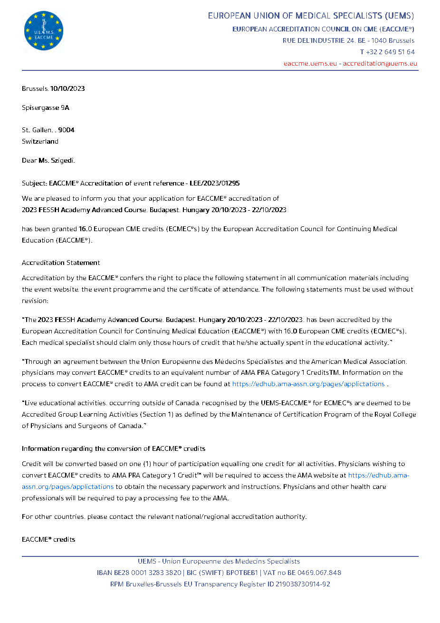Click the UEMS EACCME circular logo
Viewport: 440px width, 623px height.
[x=44, y=31]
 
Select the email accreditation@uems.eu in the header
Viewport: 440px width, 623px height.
[x=380, y=63]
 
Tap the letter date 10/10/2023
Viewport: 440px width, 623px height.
[x=67, y=88]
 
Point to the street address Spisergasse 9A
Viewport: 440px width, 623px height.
[x=46, y=107]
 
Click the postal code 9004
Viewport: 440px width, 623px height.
[x=66, y=130]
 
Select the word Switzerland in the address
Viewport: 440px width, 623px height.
[x=40, y=141]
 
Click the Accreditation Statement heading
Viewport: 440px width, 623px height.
[x=61, y=263]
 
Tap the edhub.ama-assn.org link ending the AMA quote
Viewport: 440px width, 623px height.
[x=308, y=384]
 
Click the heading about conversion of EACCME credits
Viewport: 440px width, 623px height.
[x=114, y=448]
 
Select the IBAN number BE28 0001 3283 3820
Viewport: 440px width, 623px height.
[x=145, y=573]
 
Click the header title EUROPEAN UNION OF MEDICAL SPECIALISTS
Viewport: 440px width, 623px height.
[x=311, y=16]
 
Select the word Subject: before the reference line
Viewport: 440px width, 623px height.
[x=35, y=183]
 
